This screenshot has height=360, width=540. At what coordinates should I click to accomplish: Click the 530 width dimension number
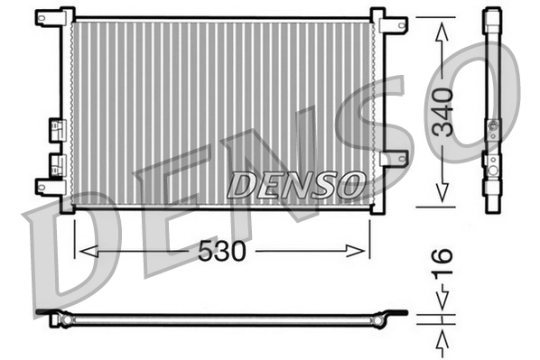(x=221, y=251)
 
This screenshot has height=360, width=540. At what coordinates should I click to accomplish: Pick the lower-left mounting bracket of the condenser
(x=48, y=187)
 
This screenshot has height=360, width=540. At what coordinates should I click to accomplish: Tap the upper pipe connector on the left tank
(x=56, y=129)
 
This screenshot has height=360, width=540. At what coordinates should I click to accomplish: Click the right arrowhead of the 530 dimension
(x=363, y=251)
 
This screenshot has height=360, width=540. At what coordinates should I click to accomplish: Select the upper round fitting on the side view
(x=492, y=127)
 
